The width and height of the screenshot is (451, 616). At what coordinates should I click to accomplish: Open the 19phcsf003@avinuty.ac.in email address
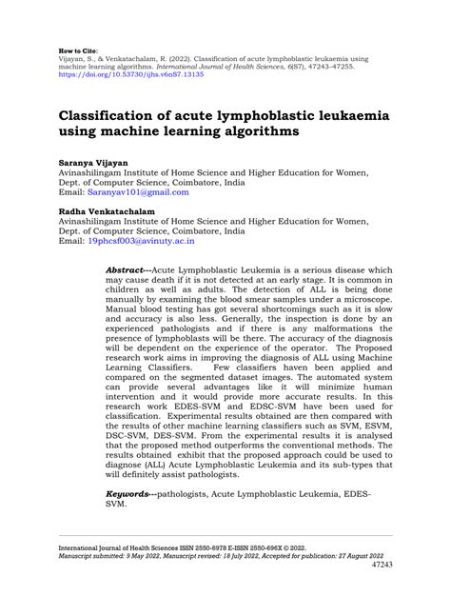[x=141, y=243]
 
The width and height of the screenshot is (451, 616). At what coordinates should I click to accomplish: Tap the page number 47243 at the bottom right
[x=408, y=591]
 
